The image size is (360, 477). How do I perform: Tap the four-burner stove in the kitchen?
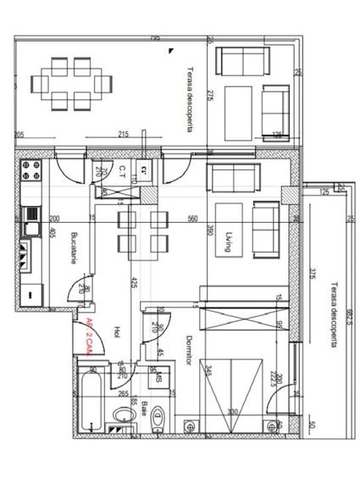[33, 170]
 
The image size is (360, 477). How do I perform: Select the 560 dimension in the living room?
[192, 218]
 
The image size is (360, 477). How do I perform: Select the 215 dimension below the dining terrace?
[123, 135]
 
